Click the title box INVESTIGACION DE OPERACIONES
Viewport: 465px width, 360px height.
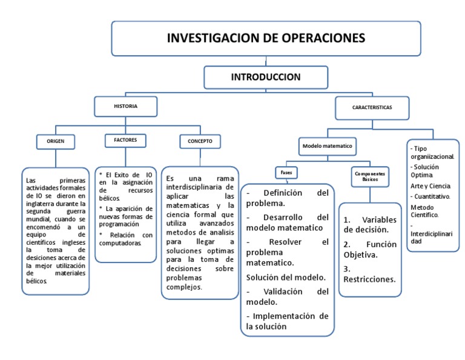click(x=266, y=38)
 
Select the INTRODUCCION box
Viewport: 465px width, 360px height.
click(x=265, y=77)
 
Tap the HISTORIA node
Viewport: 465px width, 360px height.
click(x=125, y=106)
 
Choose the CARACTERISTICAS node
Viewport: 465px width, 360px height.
click(x=371, y=107)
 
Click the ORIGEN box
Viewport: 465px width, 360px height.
click(x=56, y=141)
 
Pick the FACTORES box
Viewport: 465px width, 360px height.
click(x=125, y=140)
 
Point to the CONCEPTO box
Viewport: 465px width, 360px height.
click(x=200, y=141)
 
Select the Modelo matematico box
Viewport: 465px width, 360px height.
click(x=327, y=146)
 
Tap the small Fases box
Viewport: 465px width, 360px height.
click(x=286, y=173)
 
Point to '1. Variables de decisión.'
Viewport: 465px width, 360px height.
click(x=369, y=224)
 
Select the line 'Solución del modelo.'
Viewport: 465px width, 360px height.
click(x=286, y=278)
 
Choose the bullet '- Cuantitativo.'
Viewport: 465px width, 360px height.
click(x=430, y=196)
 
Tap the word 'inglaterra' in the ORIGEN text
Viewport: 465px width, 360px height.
click(x=41, y=204)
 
